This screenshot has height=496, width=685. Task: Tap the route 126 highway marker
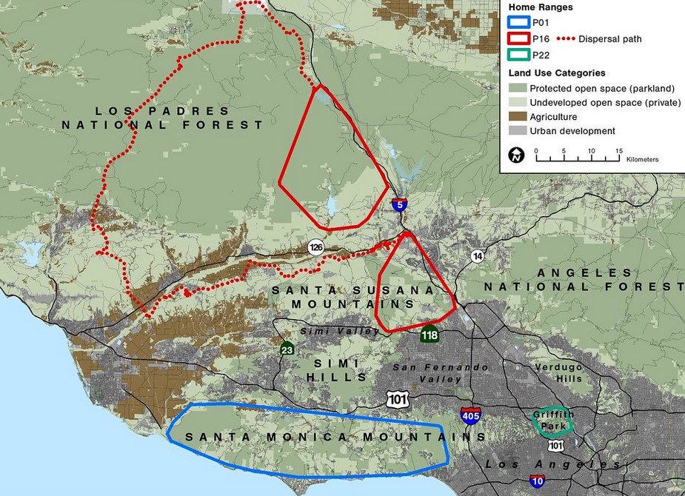[x=315, y=247]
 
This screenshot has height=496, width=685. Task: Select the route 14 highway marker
[x=478, y=255]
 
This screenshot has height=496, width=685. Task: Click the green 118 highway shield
[x=430, y=335]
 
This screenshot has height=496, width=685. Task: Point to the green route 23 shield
[x=287, y=348]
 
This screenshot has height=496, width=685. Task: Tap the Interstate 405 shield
[x=470, y=415]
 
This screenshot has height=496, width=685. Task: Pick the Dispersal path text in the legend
[x=610, y=38]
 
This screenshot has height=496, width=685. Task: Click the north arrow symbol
[x=517, y=155]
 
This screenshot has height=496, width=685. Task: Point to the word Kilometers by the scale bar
[x=642, y=160]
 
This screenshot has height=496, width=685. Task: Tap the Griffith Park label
[x=552, y=420]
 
